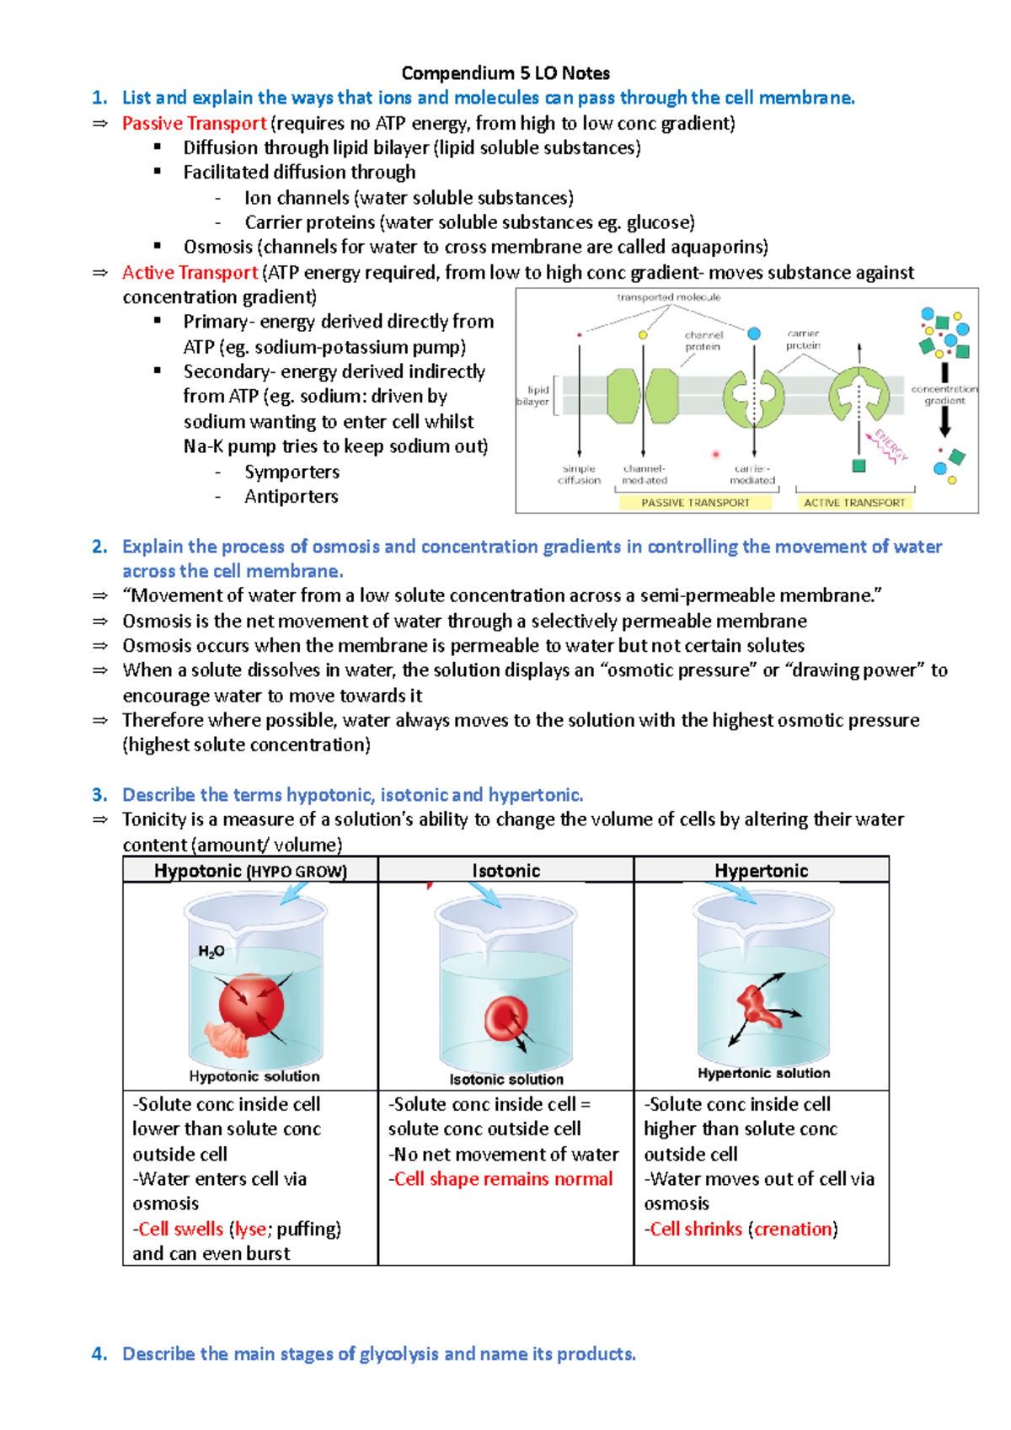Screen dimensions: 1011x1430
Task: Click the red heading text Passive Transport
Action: click(194, 123)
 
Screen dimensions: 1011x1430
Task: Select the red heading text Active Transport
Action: click(190, 273)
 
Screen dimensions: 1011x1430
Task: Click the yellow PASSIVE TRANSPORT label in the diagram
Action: click(696, 503)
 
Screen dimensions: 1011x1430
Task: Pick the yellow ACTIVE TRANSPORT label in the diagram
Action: click(854, 503)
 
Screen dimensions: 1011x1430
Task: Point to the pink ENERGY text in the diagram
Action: click(891, 445)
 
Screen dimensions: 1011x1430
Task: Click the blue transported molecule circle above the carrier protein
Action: click(754, 333)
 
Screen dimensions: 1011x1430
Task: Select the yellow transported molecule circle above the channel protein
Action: click(643, 334)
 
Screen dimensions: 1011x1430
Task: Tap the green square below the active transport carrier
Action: click(859, 466)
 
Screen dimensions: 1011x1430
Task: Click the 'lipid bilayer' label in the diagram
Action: click(534, 396)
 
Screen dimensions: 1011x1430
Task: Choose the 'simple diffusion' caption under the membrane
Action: click(580, 474)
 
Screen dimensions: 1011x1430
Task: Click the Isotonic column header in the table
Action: click(505, 871)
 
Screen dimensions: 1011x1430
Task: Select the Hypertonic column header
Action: click(762, 871)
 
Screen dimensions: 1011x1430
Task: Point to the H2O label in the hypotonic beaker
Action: click(211, 952)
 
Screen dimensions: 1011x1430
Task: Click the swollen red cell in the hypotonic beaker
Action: click(251, 1006)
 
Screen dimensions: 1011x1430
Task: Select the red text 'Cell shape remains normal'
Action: click(503, 1178)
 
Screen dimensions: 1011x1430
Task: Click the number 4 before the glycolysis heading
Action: click(98, 1354)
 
